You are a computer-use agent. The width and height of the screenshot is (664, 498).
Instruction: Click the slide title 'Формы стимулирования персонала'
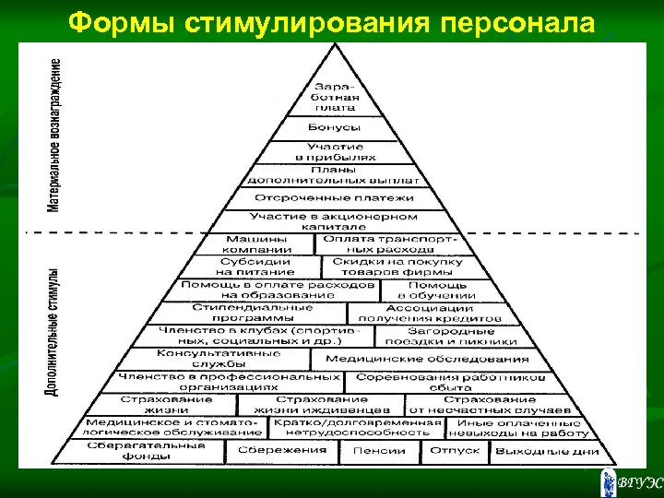tap(332, 20)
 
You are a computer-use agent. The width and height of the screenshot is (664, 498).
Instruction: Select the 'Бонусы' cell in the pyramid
tap(335, 127)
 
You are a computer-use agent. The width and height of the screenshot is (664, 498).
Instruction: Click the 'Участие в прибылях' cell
tap(335, 152)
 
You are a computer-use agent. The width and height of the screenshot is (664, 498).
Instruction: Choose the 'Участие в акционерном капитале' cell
tap(334, 220)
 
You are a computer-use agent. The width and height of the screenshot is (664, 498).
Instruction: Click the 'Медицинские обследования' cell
tap(428, 359)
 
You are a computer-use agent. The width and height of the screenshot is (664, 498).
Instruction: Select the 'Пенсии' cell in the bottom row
tap(379, 450)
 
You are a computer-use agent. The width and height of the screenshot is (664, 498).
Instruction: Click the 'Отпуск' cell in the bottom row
tap(455, 450)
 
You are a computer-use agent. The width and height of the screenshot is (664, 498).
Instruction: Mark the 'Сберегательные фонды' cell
tap(148, 450)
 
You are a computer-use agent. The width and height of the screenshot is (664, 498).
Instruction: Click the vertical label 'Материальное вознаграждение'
tap(56, 135)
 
